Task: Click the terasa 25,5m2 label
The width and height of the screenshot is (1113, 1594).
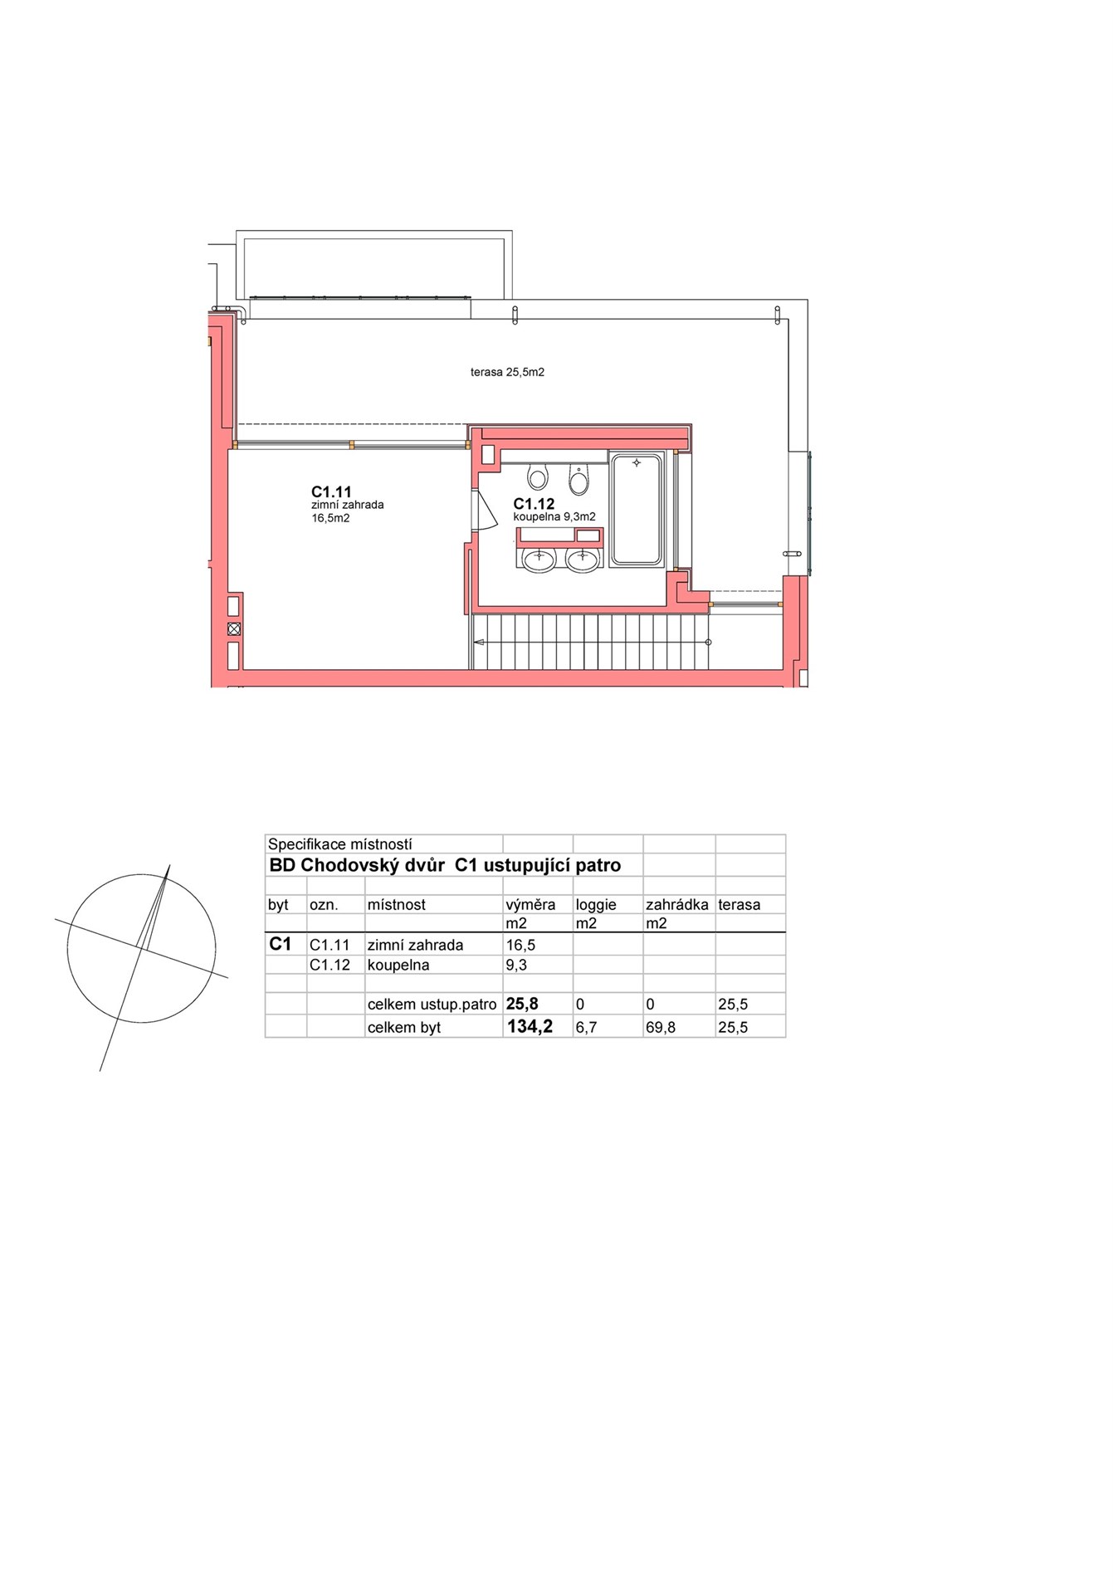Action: click(x=507, y=373)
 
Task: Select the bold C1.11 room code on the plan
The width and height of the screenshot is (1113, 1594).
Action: click(x=331, y=492)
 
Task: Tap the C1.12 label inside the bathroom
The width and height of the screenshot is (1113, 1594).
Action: click(x=534, y=504)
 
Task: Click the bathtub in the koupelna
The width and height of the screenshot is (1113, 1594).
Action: click(x=637, y=510)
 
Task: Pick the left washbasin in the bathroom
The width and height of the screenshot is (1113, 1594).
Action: click(x=539, y=560)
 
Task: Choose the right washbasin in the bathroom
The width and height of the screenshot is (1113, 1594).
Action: click(x=583, y=560)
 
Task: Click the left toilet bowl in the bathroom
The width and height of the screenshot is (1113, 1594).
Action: click(x=538, y=477)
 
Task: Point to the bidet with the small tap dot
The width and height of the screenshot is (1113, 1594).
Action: click(x=578, y=478)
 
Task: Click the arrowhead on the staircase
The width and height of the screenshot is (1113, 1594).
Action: click(x=479, y=643)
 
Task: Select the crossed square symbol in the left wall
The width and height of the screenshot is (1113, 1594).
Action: click(x=234, y=629)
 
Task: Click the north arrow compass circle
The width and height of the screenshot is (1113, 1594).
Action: click(x=141, y=948)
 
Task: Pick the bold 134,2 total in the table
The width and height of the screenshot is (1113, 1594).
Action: click(x=530, y=1027)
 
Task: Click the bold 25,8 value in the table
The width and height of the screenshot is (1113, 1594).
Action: click(x=522, y=1004)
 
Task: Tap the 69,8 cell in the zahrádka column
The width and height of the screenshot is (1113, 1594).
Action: click(x=661, y=1028)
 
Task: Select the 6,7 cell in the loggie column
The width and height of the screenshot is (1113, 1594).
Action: click(x=586, y=1028)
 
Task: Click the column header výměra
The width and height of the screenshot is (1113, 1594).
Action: click(x=530, y=905)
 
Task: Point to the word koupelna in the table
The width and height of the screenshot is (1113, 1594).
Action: click(x=398, y=966)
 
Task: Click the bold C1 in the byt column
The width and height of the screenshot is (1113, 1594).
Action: click(x=281, y=944)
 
